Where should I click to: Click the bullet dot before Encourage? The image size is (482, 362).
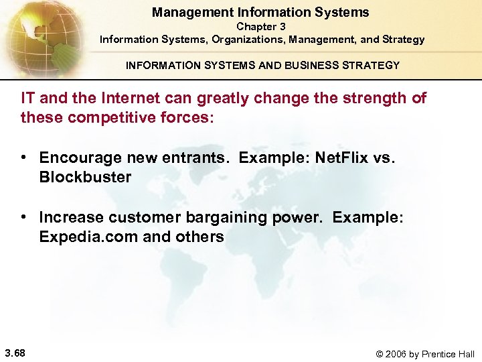pyautogui.click(x=23, y=158)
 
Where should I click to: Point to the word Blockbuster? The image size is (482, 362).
pyautogui.click(x=85, y=177)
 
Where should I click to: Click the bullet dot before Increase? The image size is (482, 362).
pyautogui.click(x=23, y=217)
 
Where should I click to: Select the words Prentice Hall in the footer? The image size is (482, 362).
pyautogui.click(x=451, y=354)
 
